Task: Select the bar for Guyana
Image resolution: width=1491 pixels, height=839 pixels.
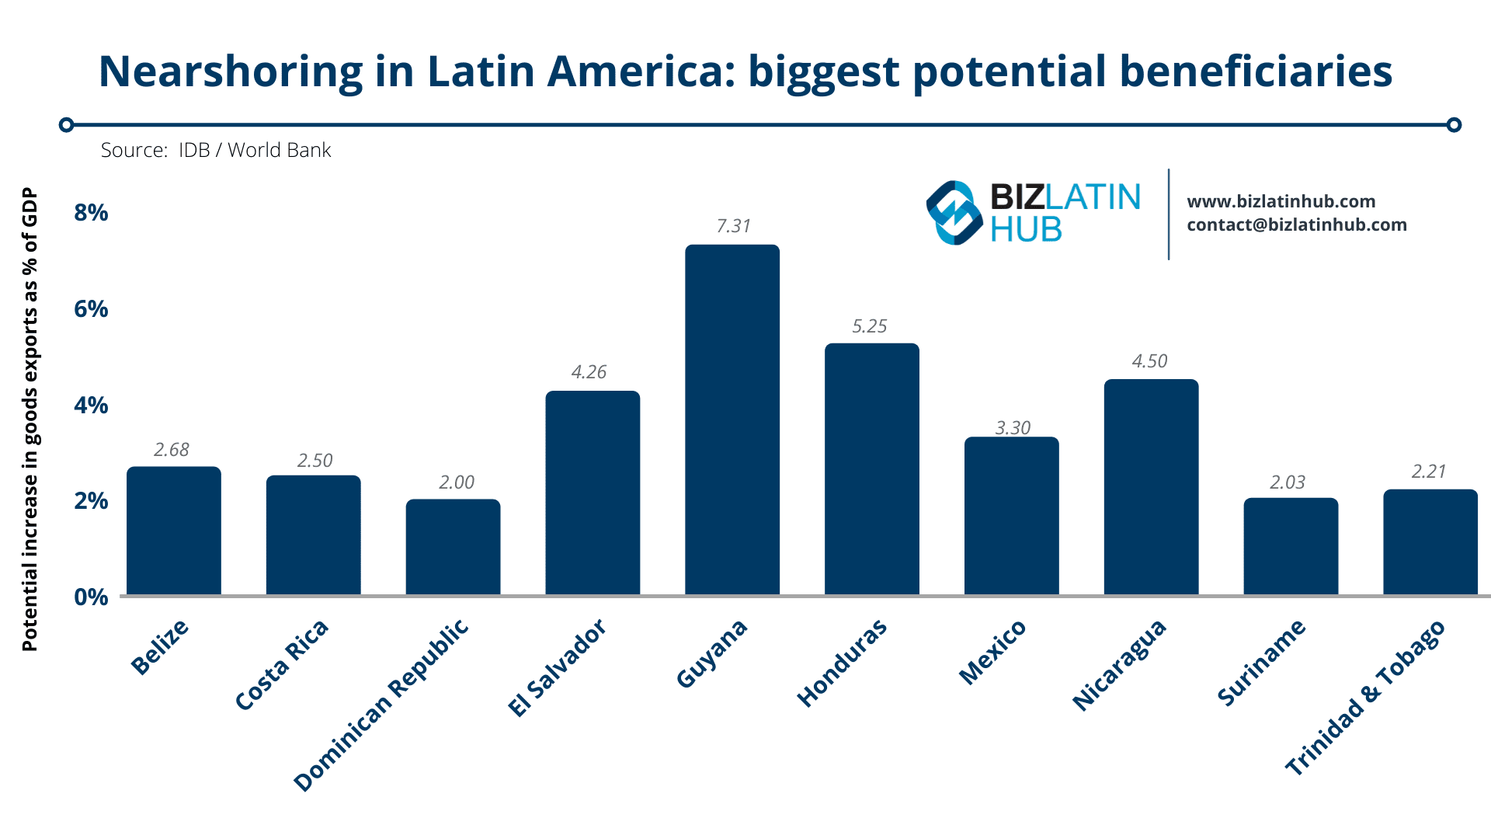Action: (732, 419)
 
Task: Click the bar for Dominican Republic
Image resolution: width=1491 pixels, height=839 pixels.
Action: (453, 547)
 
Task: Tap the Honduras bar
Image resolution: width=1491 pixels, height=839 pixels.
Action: (871, 469)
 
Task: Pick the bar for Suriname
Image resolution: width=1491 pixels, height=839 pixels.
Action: (1291, 547)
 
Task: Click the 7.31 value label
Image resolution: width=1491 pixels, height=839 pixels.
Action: (733, 226)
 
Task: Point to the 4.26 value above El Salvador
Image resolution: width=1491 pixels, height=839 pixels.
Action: (589, 372)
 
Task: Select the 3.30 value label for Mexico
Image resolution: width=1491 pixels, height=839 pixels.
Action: (1013, 428)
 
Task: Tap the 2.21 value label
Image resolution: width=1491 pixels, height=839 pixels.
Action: (1428, 472)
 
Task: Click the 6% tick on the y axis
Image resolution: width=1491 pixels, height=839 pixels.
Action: (91, 309)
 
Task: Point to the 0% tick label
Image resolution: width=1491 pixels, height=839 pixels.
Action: (91, 597)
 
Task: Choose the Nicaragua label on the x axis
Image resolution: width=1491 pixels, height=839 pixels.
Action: (1119, 665)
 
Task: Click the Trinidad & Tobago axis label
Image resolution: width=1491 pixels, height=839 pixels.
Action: (1365, 698)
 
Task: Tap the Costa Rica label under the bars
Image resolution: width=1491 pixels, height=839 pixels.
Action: (282, 665)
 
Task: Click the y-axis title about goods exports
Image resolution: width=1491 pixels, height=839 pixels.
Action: (30, 419)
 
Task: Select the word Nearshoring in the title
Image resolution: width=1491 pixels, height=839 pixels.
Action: (231, 71)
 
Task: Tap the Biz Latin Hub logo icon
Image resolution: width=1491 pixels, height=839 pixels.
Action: (954, 213)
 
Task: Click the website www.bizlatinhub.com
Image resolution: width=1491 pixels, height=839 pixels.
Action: (1281, 202)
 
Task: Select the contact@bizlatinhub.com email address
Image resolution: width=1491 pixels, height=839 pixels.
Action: (1296, 225)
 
